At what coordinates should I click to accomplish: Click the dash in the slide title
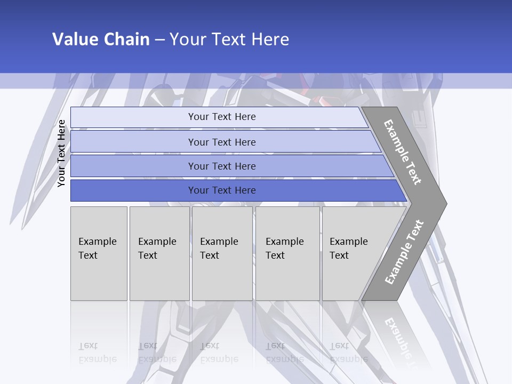[159, 40]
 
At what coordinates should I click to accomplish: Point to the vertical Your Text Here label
[61, 153]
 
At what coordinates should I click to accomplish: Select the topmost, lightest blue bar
[133, 117]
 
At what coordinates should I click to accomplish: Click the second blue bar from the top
[133, 142]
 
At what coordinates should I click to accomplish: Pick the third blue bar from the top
[133, 166]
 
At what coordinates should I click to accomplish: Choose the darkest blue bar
[133, 190]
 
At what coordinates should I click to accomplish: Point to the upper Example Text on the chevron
[403, 152]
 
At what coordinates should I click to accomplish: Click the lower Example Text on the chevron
[404, 252]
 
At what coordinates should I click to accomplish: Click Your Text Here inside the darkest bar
[222, 190]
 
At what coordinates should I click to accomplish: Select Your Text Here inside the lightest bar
[222, 117]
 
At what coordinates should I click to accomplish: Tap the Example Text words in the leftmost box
[97, 249]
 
